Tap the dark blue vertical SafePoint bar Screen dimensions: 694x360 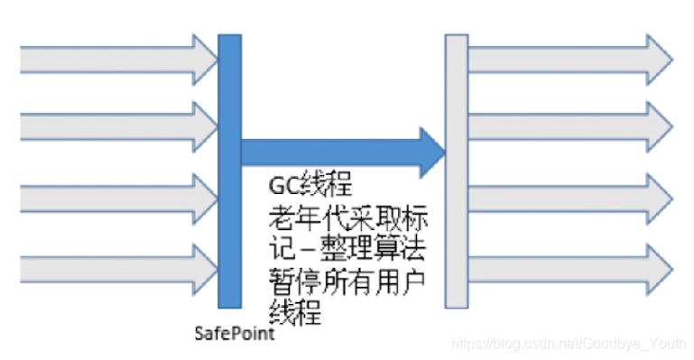(229, 171)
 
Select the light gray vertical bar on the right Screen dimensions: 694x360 (457, 171)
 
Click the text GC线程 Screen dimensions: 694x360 (309, 188)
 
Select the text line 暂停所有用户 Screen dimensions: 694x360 (347, 279)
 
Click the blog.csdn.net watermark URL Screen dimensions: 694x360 (568, 344)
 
